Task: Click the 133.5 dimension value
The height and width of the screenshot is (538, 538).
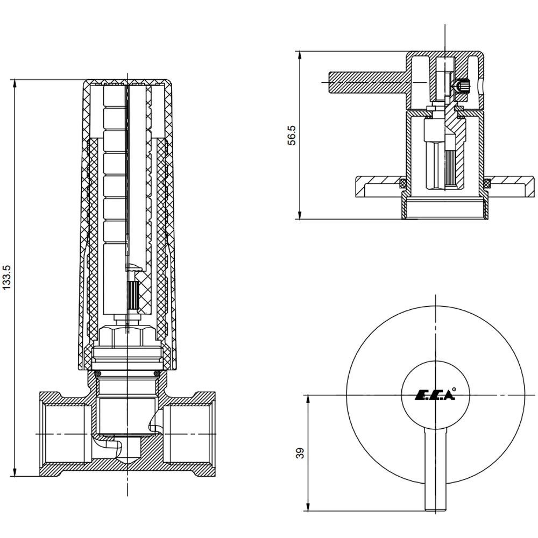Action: click(x=7, y=278)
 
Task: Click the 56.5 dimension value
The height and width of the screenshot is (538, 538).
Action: click(x=291, y=136)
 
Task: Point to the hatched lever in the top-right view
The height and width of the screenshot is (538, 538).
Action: click(x=366, y=81)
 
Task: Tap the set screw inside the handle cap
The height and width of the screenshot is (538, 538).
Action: click(x=462, y=85)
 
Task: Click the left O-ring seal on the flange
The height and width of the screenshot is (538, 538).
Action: click(x=402, y=183)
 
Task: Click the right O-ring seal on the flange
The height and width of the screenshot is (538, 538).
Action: click(x=487, y=183)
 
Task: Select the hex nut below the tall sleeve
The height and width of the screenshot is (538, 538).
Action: click(x=127, y=336)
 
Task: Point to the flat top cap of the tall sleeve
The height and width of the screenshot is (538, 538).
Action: click(x=128, y=82)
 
